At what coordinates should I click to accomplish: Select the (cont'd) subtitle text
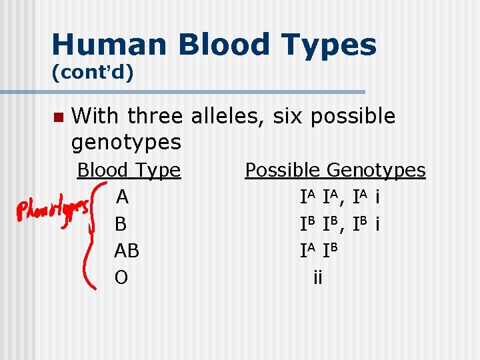93,72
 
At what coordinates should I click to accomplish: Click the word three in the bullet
155,117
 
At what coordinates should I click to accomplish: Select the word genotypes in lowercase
126,142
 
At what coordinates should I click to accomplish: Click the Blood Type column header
129,171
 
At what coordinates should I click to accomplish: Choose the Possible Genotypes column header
335,171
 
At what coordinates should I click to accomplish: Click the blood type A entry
122,197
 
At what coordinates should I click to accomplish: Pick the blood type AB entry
127,251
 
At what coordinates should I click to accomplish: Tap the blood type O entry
121,277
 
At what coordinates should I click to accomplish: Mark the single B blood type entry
121,224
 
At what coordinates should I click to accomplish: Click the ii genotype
317,277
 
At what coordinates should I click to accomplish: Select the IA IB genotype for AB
320,251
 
